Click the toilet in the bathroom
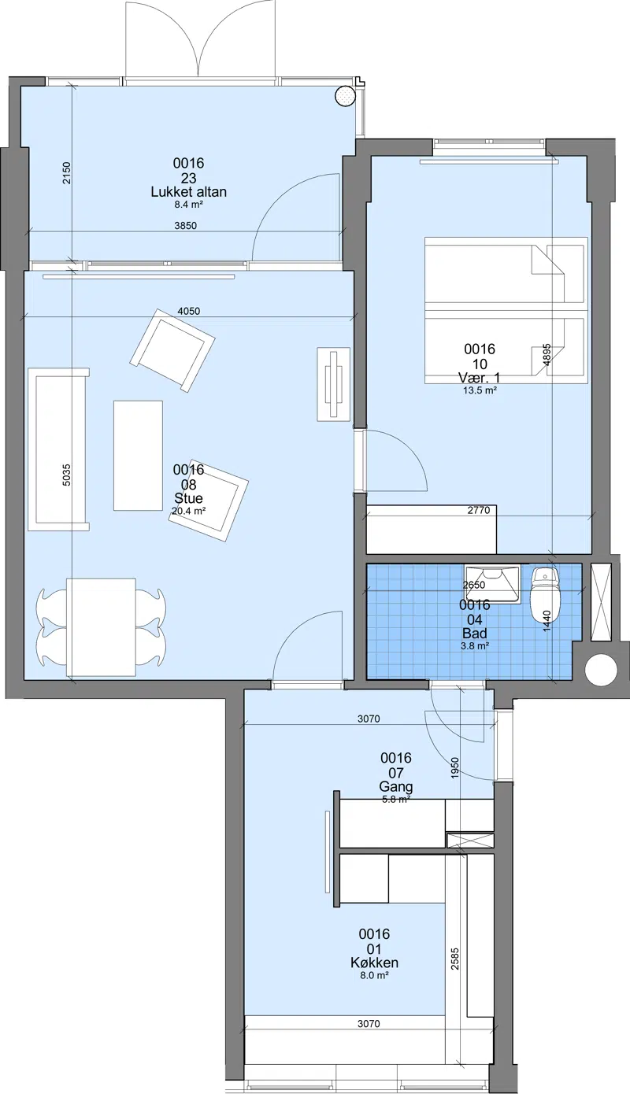(x=544, y=594)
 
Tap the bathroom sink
(x=493, y=584)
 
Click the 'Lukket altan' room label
(x=189, y=192)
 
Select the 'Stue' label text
(x=189, y=498)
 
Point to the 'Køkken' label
(x=374, y=963)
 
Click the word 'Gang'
(x=396, y=786)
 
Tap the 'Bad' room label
(x=475, y=634)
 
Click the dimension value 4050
(x=189, y=311)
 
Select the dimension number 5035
(x=67, y=475)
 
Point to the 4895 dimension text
(x=547, y=355)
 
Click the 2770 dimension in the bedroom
(x=479, y=510)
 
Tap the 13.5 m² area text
(x=480, y=390)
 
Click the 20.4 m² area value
(x=189, y=512)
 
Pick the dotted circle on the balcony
(x=345, y=96)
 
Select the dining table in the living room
(x=101, y=627)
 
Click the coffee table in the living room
(x=139, y=456)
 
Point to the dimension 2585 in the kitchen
(x=455, y=958)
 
